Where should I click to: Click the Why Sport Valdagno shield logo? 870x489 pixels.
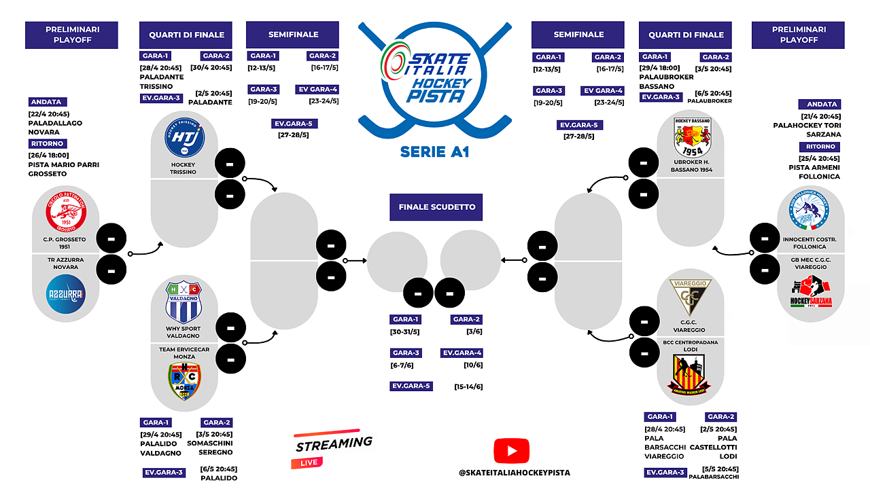[184, 302]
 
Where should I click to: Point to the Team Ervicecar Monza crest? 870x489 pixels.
[184, 380]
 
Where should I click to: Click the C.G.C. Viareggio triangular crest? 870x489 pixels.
[691, 297]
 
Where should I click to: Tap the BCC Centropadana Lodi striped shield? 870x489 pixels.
[691, 376]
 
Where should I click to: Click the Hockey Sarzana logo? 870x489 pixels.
[811, 295]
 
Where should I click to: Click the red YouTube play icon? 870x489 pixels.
[512, 451]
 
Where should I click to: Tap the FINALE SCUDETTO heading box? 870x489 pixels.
[436, 206]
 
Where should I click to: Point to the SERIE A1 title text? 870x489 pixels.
[435, 151]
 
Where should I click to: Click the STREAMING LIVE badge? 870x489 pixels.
[333, 449]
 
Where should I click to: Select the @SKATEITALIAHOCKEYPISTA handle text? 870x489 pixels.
[515, 473]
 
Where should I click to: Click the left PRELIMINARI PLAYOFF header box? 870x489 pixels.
[71, 35]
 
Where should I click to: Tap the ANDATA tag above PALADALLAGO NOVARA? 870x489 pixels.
[46, 102]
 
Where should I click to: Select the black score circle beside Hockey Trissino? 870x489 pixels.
[230, 164]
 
